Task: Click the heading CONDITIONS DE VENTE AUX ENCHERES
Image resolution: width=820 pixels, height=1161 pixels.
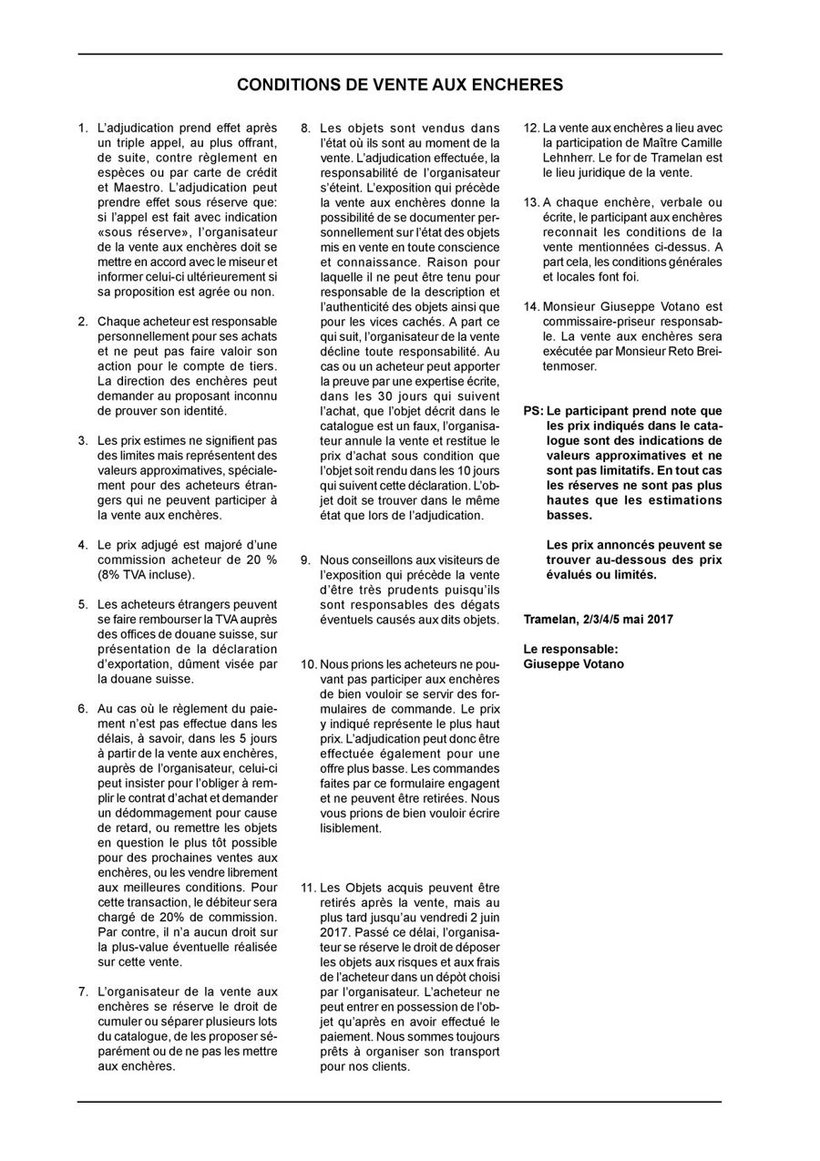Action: (399, 86)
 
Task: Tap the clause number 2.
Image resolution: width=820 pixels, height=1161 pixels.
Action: (83, 322)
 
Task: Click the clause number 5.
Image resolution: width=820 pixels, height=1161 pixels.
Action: (83, 604)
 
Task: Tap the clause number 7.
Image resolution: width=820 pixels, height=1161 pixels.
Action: (83, 991)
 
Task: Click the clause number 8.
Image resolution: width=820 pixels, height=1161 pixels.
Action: (306, 128)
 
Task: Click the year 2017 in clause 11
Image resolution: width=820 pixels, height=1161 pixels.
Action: (334, 931)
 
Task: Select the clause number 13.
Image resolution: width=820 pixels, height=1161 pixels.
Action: (532, 202)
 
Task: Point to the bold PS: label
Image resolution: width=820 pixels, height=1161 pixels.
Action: (534, 411)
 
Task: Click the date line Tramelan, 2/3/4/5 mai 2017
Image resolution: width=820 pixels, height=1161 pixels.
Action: (598, 619)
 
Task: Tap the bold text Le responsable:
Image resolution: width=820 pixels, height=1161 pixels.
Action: (570, 649)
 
